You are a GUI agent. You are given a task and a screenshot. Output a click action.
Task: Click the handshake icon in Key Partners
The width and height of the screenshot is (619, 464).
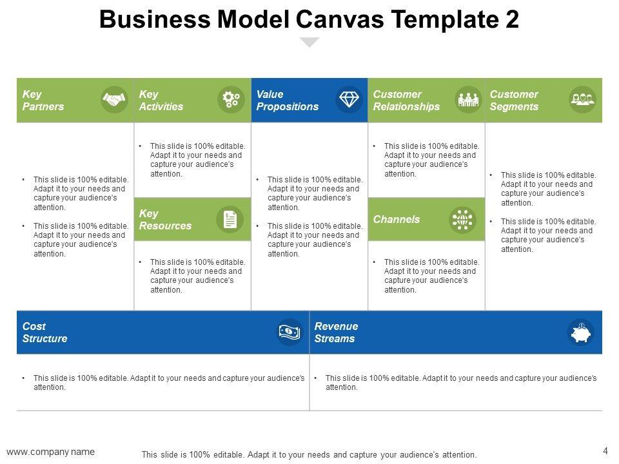(115, 100)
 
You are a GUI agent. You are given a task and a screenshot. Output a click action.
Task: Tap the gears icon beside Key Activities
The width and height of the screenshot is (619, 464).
(231, 100)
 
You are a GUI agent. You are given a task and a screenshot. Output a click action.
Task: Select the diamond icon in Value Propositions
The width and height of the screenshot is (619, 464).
(350, 100)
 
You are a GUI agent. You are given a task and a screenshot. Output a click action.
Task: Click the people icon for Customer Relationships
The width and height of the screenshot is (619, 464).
(469, 100)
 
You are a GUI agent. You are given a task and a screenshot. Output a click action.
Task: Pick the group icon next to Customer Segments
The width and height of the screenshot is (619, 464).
(583, 100)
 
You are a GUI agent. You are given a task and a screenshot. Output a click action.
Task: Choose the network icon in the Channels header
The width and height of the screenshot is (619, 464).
(462, 220)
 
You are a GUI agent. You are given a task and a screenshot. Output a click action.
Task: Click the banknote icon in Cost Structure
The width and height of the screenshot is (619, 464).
(290, 332)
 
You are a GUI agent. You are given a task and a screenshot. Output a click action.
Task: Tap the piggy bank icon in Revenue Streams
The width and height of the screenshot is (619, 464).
(581, 333)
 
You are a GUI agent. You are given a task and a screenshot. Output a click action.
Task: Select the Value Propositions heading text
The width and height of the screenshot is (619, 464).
(287, 101)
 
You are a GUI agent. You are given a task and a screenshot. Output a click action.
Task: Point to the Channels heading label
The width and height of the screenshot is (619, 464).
(396, 220)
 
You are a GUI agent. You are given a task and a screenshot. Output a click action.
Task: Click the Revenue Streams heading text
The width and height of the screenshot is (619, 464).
(336, 333)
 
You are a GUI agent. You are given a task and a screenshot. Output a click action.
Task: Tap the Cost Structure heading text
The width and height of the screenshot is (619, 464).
(44, 333)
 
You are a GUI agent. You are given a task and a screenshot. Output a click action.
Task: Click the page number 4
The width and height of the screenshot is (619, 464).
(605, 450)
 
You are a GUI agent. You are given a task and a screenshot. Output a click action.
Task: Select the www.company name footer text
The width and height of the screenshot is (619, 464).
(50, 451)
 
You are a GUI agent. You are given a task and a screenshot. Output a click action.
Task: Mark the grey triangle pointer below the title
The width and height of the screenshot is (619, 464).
(310, 42)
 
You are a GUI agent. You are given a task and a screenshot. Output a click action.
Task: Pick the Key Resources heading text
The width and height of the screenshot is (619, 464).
(165, 220)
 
